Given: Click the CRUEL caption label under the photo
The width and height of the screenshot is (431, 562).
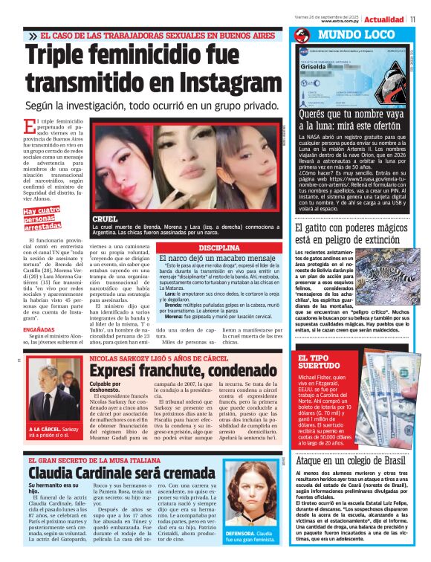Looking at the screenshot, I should pos(106,219).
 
